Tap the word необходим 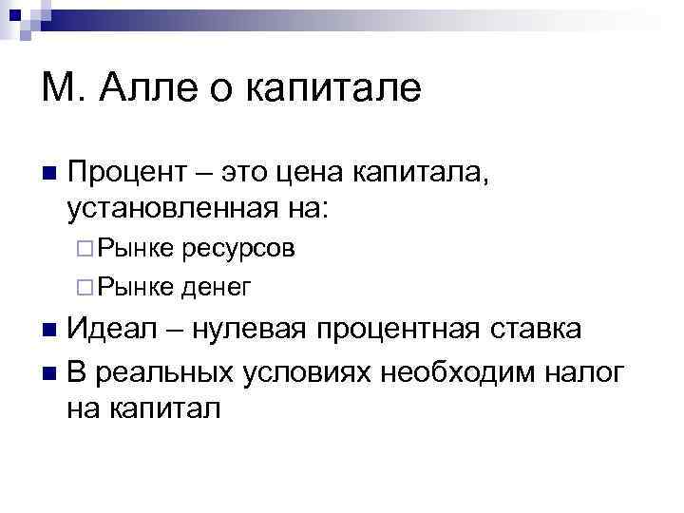point(455,372)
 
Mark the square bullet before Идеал point(50,332)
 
